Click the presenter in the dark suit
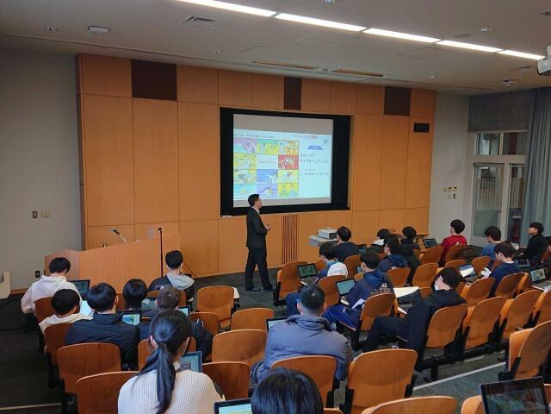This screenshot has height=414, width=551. pyautogui.click(x=257, y=241)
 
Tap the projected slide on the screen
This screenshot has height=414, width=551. pyautogui.click(x=282, y=160)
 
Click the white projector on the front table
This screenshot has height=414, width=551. pyautogui.click(x=326, y=233)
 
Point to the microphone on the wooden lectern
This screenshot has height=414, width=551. pyautogui.click(x=119, y=235)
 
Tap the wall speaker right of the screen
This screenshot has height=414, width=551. pyautogui.click(x=421, y=128)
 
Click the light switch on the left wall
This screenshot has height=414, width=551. pyautogui.click(x=34, y=214)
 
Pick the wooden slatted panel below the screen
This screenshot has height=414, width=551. pyautogui.click(x=289, y=238)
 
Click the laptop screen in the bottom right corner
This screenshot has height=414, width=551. pyautogui.click(x=515, y=397)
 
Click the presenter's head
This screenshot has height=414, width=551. pyautogui.click(x=255, y=201)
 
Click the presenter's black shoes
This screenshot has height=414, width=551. pyautogui.click(x=259, y=287)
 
